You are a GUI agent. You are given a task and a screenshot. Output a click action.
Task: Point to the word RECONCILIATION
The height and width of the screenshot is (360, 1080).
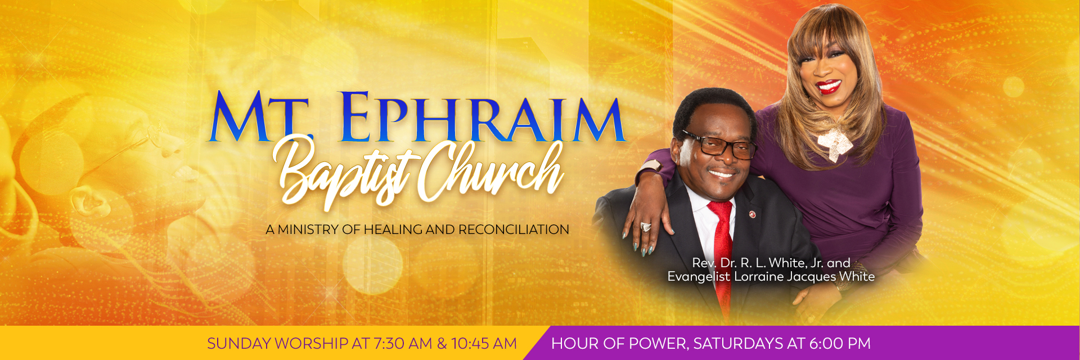514,229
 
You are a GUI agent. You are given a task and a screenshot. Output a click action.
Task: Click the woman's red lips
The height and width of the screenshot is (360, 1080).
829,87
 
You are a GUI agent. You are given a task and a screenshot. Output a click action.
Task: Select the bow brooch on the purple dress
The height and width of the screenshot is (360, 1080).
838,144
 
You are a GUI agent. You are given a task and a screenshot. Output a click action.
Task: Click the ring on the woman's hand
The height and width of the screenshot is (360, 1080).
645,227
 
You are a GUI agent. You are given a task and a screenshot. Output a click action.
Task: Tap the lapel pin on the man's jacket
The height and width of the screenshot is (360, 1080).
751,215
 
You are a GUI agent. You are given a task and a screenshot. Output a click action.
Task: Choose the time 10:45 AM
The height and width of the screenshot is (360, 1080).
484,343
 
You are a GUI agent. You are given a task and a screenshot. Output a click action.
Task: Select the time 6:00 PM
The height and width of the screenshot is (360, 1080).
840,343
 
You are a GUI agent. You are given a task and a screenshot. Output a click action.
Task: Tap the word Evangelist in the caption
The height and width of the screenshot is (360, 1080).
699,277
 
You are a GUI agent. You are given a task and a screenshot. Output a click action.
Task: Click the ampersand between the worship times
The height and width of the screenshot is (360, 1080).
442,343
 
